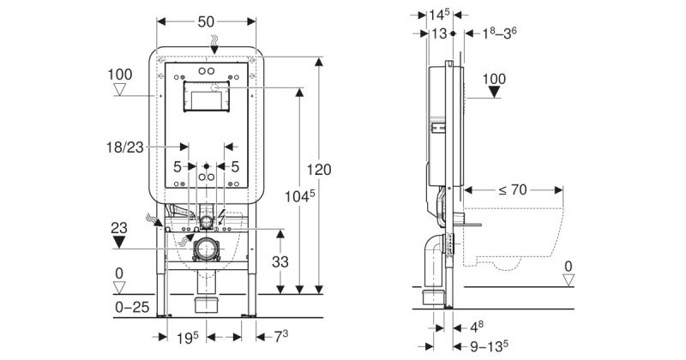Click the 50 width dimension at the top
pyautogui.click(x=206, y=21)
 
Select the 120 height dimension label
pyautogui.click(x=319, y=169)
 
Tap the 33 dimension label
pyautogui.click(x=280, y=261)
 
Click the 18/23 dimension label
pyautogui.click(x=124, y=147)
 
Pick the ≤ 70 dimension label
pyautogui.click(x=512, y=189)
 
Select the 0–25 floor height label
pyautogui.click(x=132, y=307)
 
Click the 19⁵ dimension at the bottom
pyautogui.click(x=188, y=337)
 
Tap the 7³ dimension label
pyautogui.click(x=281, y=336)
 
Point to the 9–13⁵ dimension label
pyautogui.click(x=489, y=346)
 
